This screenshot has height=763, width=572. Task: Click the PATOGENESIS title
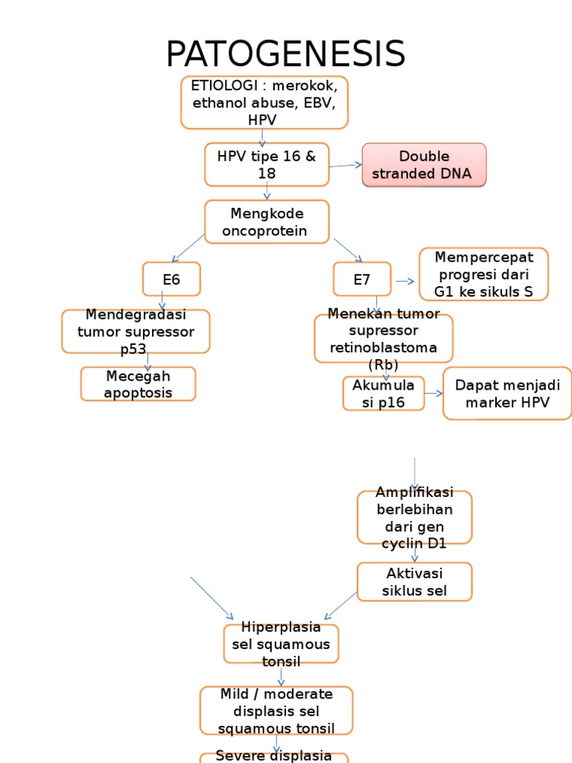click(x=285, y=54)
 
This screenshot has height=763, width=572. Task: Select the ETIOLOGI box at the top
click(x=264, y=102)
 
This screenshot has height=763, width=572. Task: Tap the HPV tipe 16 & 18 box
click(x=267, y=165)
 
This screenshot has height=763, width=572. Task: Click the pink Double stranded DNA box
click(x=424, y=165)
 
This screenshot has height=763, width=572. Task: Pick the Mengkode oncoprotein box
click(x=267, y=221)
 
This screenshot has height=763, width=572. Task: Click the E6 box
click(x=171, y=279)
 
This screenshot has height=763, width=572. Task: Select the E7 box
click(x=362, y=279)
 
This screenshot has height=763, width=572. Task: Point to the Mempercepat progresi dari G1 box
click(x=483, y=274)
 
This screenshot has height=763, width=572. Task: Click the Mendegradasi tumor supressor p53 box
click(x=136, y=332)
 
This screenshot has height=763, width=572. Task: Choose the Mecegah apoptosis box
click(x=139, y=384)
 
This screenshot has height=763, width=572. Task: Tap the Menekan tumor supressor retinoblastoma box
click(x=383, y=339)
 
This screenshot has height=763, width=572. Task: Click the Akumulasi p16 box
click(x=384, y=393)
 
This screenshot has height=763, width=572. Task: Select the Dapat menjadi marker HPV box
click(x=507, y=393)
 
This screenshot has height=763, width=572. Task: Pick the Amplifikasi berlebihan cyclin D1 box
click(x=414, y=517)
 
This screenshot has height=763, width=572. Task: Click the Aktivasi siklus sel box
click(x=414, y=582)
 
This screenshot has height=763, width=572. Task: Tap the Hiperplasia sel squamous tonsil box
click(x=281, y=643)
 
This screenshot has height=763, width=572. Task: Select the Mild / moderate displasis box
click(x=276, y=711)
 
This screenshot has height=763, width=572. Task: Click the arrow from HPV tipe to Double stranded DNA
click(x=346, y=165)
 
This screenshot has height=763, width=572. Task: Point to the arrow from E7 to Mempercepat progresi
click(x=405, y=281)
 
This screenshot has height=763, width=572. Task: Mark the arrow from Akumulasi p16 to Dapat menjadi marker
click(x=434, y=393)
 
